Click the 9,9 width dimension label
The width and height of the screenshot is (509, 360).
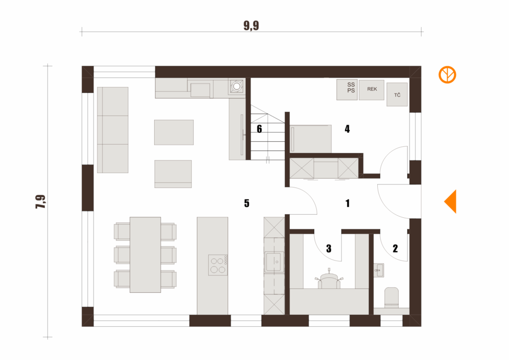pyautogui.click(x=251, y=26)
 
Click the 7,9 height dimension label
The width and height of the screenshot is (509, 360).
pyautogui.click(x=41, y=201)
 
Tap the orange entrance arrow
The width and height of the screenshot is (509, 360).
pyautogui.click(x=450, y=201)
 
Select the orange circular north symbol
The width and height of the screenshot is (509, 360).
pyautogui.click(x=447, y=75)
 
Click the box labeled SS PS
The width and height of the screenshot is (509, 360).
pyautogui.click(x=347, y=90)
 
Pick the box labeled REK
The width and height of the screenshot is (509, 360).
pyautogui.click(x=372, y=90)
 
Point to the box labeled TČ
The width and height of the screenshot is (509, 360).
pyautogui.click(x=397, y=94)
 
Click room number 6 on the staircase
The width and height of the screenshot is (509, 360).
pyautogui.click(x=259, y=129)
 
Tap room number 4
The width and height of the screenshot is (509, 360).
pyautogui.click(x=347, y=129)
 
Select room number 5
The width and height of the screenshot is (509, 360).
pyautogui.click(x=247, y=203)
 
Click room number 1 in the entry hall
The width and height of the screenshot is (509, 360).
pyautogui.click(x=347, y=203)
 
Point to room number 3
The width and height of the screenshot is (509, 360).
pyautogui.click(x=329, y=249)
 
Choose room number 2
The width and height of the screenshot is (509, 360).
pyautogui.click(x=395, y=249)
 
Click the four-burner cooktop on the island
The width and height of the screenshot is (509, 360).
pyautogui.click(x=218, y=265)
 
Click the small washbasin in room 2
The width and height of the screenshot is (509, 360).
pyautogui.click(x=379, y=270)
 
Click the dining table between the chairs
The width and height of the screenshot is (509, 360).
pyautogui.click(x=145, y=255)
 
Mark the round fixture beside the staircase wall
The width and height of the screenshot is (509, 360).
pyautogui.click(x=237, y=86)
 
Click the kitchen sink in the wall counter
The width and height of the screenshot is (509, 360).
pyautogui.click(x=274, y=262)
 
